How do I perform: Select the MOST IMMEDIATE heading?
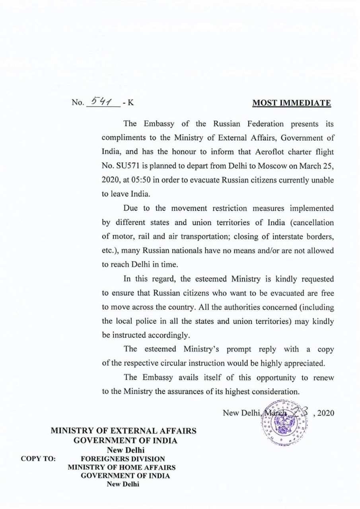[x=292, y=103]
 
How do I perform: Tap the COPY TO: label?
[x=38, y=458]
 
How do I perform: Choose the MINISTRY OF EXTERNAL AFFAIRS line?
[x=123, y=431]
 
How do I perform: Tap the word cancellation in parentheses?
[x=312, y=222]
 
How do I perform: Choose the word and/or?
[x=256, y=251]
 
